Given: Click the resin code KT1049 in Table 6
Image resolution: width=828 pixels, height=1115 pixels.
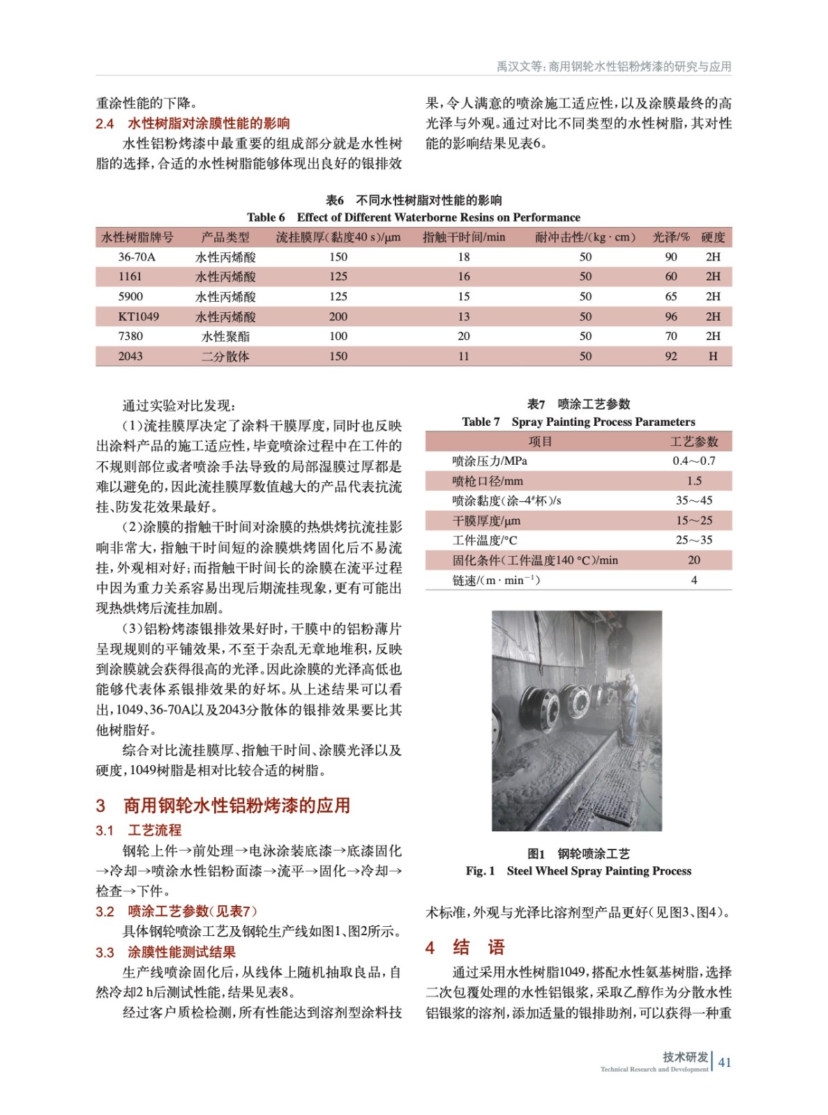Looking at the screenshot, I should tap(138, 316).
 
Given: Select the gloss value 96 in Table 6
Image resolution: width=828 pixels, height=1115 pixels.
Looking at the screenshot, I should tap(670, 316).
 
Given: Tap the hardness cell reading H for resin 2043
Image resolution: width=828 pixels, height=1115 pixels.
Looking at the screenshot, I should tap(712, 356).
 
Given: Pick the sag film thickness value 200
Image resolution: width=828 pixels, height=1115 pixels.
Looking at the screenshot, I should tap(338, 316).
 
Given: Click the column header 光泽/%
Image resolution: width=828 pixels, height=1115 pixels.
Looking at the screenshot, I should tap(670, 237).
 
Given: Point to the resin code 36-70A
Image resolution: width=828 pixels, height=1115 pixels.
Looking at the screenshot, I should tap(137, 256).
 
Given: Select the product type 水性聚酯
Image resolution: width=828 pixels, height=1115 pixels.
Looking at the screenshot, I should tap(225, 337).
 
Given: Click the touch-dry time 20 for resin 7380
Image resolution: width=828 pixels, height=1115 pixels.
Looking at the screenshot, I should tap(463, 336).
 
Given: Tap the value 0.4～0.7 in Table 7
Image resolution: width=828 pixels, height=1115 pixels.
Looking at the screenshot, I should tap(693, 461).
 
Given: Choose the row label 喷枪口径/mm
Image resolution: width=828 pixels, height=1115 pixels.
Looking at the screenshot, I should tap(487, 481).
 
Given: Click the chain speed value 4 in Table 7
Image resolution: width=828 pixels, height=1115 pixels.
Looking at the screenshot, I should tap(693, 580).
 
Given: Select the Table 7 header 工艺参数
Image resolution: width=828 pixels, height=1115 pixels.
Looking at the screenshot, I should tap(693, 441).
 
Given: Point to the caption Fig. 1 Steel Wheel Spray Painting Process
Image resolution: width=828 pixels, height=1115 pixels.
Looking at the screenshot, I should tap(578, 870).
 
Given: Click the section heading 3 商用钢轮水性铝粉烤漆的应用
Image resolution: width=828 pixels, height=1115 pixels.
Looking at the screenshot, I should tap(223, 806).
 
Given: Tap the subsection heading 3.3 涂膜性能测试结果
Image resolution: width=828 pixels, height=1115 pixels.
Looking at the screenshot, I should tap(165, 952).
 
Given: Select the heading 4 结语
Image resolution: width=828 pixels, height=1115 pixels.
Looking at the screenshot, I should tap(465, 947).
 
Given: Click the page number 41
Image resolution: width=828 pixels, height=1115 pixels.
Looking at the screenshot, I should tap(725, 1062).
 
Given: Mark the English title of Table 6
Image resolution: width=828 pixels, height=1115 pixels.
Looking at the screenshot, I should tap(413, 217).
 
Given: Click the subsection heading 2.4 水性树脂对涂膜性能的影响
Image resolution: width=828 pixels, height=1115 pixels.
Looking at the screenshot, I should tap(193, 123).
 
